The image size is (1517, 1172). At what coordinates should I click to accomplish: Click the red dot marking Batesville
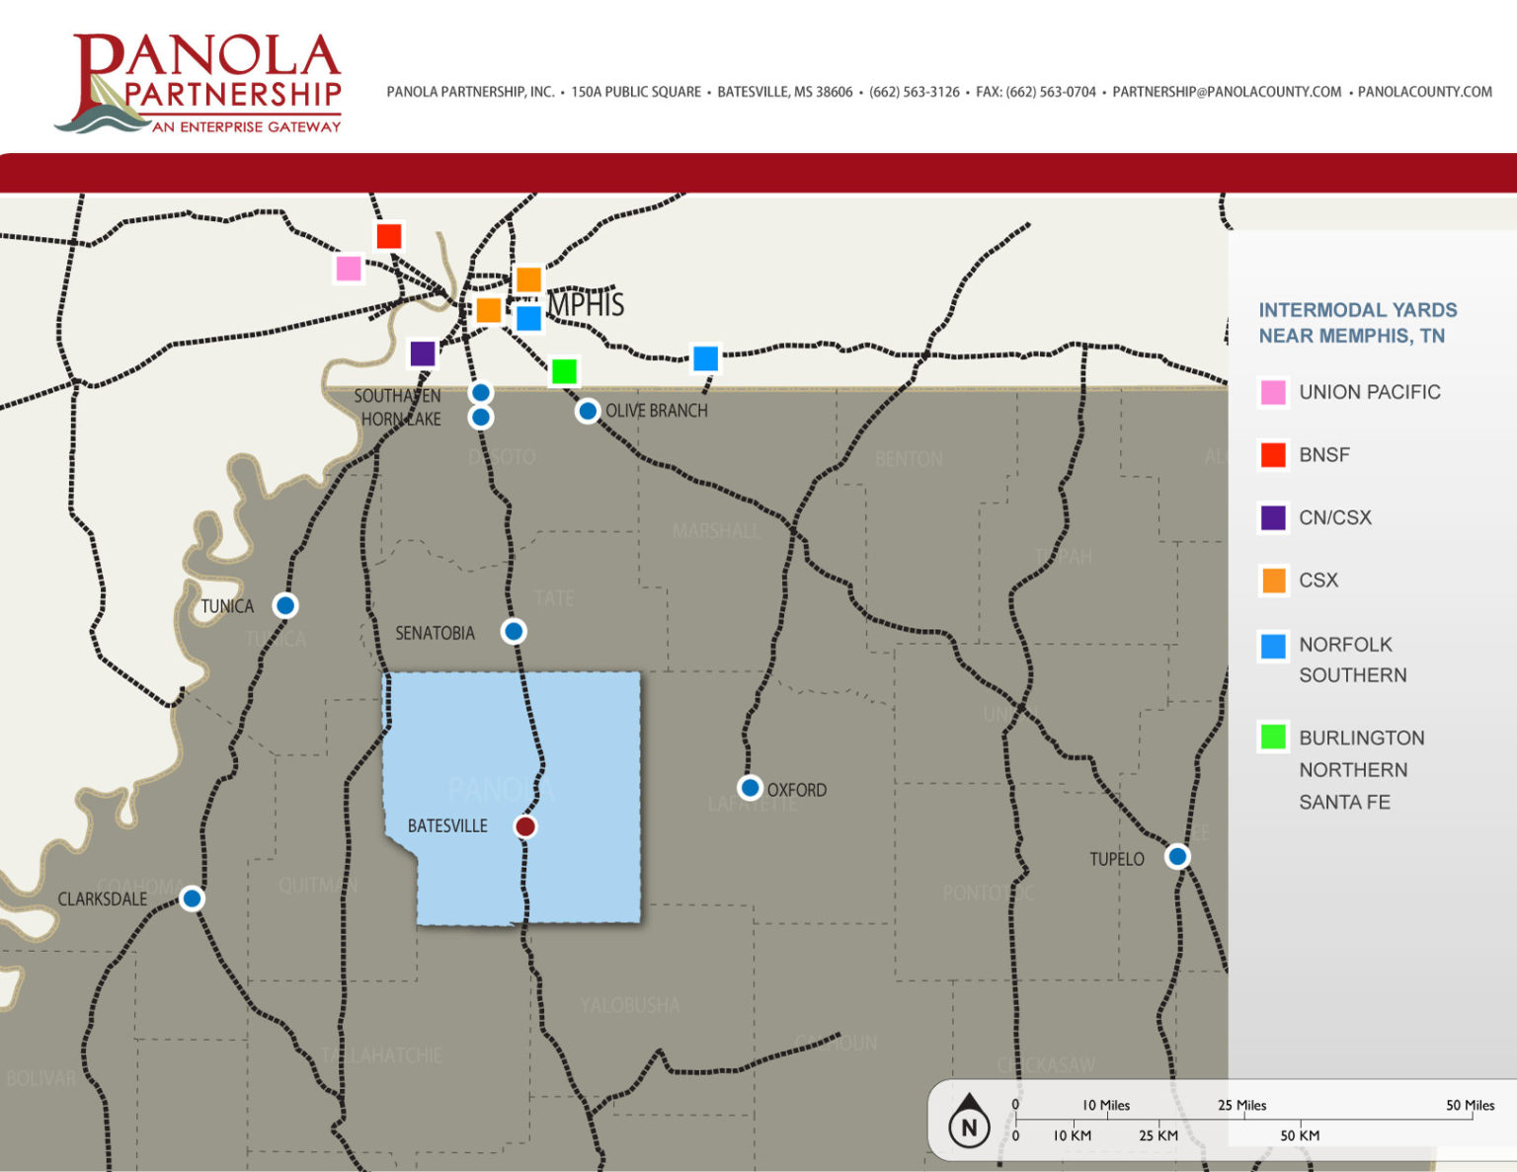(525, 826)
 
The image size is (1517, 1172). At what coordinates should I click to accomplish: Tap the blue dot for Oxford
(750, 788)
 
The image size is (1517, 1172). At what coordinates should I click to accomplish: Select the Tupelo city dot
(1177, 856)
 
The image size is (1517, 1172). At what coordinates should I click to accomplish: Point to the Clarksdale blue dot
(193, 899)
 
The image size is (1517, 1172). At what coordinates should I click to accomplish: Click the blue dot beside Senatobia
(514, 631)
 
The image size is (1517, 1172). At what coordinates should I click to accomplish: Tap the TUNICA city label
(227, 606)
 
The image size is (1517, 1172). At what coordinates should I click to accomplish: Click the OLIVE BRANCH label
(657, 411)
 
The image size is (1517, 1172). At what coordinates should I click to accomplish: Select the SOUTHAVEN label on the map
(397, 396)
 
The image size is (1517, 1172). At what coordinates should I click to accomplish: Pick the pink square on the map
(349, 269)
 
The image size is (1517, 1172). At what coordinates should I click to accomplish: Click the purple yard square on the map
(423, 353)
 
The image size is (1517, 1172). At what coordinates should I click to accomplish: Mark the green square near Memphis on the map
(564, 371)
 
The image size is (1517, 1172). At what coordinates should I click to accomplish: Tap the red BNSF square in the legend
(1273, 455)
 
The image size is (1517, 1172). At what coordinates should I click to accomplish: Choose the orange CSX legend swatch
(1273, 581)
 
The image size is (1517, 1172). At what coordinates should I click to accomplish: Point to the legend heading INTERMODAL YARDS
(1357, 310)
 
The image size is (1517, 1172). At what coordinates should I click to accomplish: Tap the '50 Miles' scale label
(1470, 1105)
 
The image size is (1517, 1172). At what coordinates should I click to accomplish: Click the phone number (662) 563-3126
(914, 92)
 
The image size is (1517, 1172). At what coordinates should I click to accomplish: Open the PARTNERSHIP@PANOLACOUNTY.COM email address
(1227, 92)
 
